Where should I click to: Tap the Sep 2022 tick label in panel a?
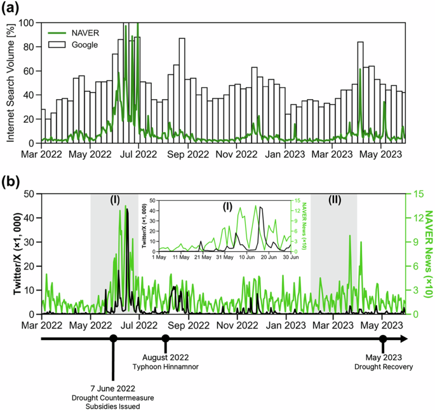point(187,154)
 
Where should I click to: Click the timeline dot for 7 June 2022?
point(113,338)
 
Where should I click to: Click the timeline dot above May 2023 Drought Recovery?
point(383,338)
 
